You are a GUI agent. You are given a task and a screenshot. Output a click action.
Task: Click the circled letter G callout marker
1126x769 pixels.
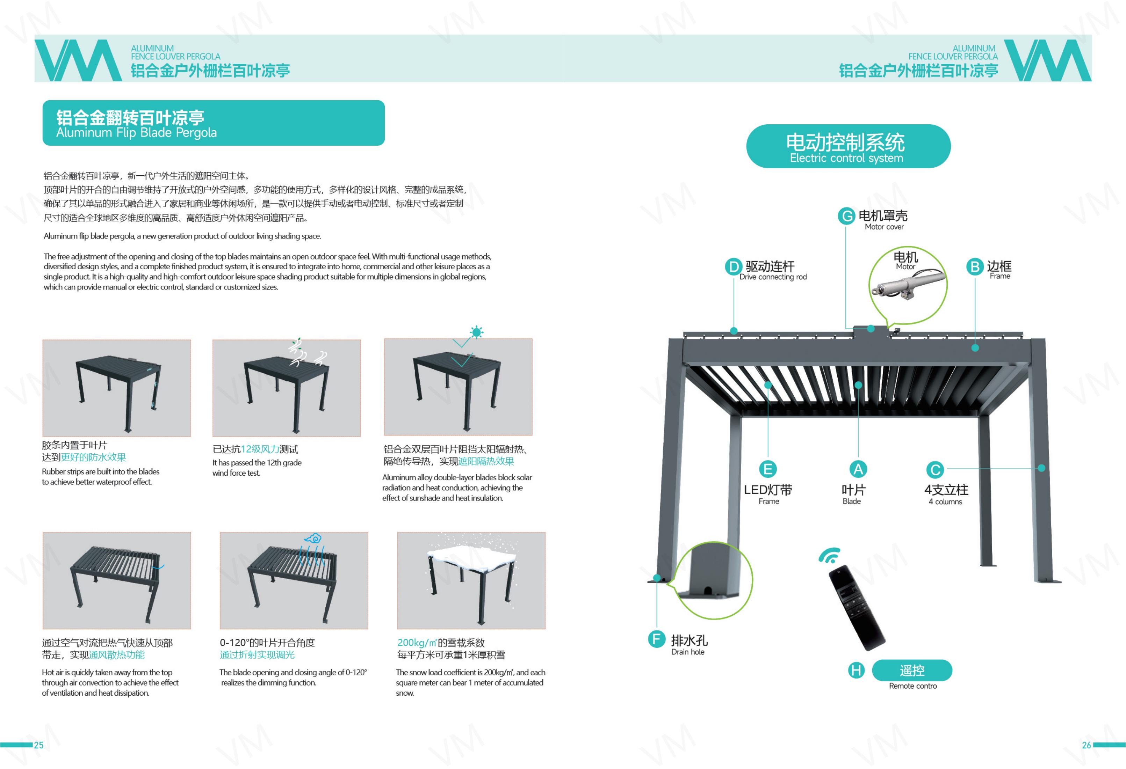point(846,216)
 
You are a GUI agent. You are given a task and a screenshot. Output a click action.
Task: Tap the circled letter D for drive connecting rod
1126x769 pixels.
point(734,267)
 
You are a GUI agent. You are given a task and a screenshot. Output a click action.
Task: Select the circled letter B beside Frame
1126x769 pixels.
point(974,267)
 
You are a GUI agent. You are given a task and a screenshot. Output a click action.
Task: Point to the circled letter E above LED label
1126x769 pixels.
point(767,469)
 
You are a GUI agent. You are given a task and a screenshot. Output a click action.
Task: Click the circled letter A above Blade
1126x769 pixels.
point(858,469)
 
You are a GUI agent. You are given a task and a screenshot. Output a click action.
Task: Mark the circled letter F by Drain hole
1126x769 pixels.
point(657,639)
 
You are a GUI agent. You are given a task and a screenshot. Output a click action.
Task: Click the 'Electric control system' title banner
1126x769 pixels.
point(848,146)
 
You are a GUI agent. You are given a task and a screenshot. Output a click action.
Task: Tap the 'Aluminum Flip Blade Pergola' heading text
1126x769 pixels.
point(136,133)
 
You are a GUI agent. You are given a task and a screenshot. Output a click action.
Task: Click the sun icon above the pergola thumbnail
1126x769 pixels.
point(476,332)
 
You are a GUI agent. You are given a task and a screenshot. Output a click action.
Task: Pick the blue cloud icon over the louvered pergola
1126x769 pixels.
point(313,538)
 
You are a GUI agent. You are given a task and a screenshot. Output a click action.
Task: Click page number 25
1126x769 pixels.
point(39,745)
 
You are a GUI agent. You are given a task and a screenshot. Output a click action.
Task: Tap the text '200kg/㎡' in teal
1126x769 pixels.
point(417,643)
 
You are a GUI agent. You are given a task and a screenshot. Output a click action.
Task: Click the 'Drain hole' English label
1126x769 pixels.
point(687,652)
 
